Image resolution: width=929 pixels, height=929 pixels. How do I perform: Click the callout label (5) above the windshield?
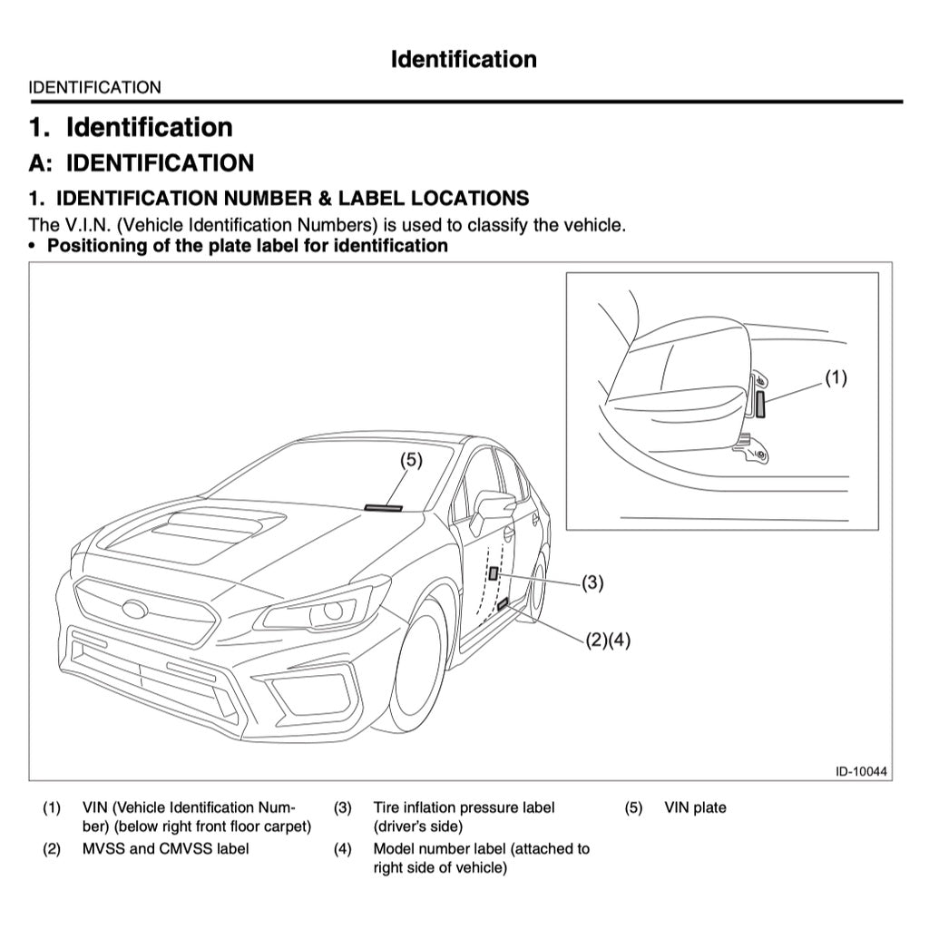coord(412,460)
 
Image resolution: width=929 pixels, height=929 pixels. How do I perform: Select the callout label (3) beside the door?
coord(592,582)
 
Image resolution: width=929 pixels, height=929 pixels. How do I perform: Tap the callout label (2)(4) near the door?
coord(607,640)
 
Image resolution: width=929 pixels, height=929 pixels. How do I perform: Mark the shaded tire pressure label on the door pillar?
coord(493,572)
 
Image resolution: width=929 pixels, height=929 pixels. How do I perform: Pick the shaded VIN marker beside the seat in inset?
coord(760,405)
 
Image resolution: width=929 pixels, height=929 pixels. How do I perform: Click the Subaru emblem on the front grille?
coord(136,610)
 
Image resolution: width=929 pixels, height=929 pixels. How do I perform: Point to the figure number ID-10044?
coord(861,771)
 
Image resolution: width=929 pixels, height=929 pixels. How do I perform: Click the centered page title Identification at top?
coord(464,60)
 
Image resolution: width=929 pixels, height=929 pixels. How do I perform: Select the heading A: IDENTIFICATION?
coord(142,163)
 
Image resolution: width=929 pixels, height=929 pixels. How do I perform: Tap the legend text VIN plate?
coord(695,807)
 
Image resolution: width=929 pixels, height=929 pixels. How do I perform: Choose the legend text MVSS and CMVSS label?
coord(166,848)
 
